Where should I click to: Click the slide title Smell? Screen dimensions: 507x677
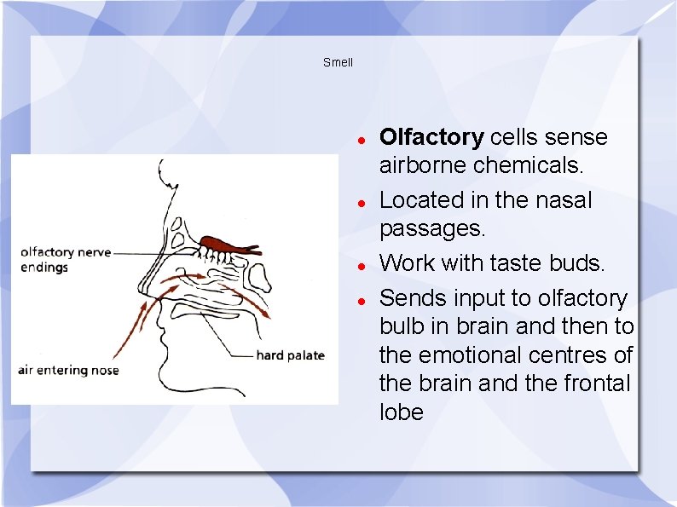[x=338, y=62]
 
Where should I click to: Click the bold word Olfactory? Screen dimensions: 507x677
[x=431, y=137]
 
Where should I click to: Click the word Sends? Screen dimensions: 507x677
[x=414, y=298]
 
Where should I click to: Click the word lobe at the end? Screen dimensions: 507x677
[x=401, y=412]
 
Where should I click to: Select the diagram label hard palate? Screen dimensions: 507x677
[x=290, y=354]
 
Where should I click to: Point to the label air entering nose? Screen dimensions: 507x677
[x=69, y=370]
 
